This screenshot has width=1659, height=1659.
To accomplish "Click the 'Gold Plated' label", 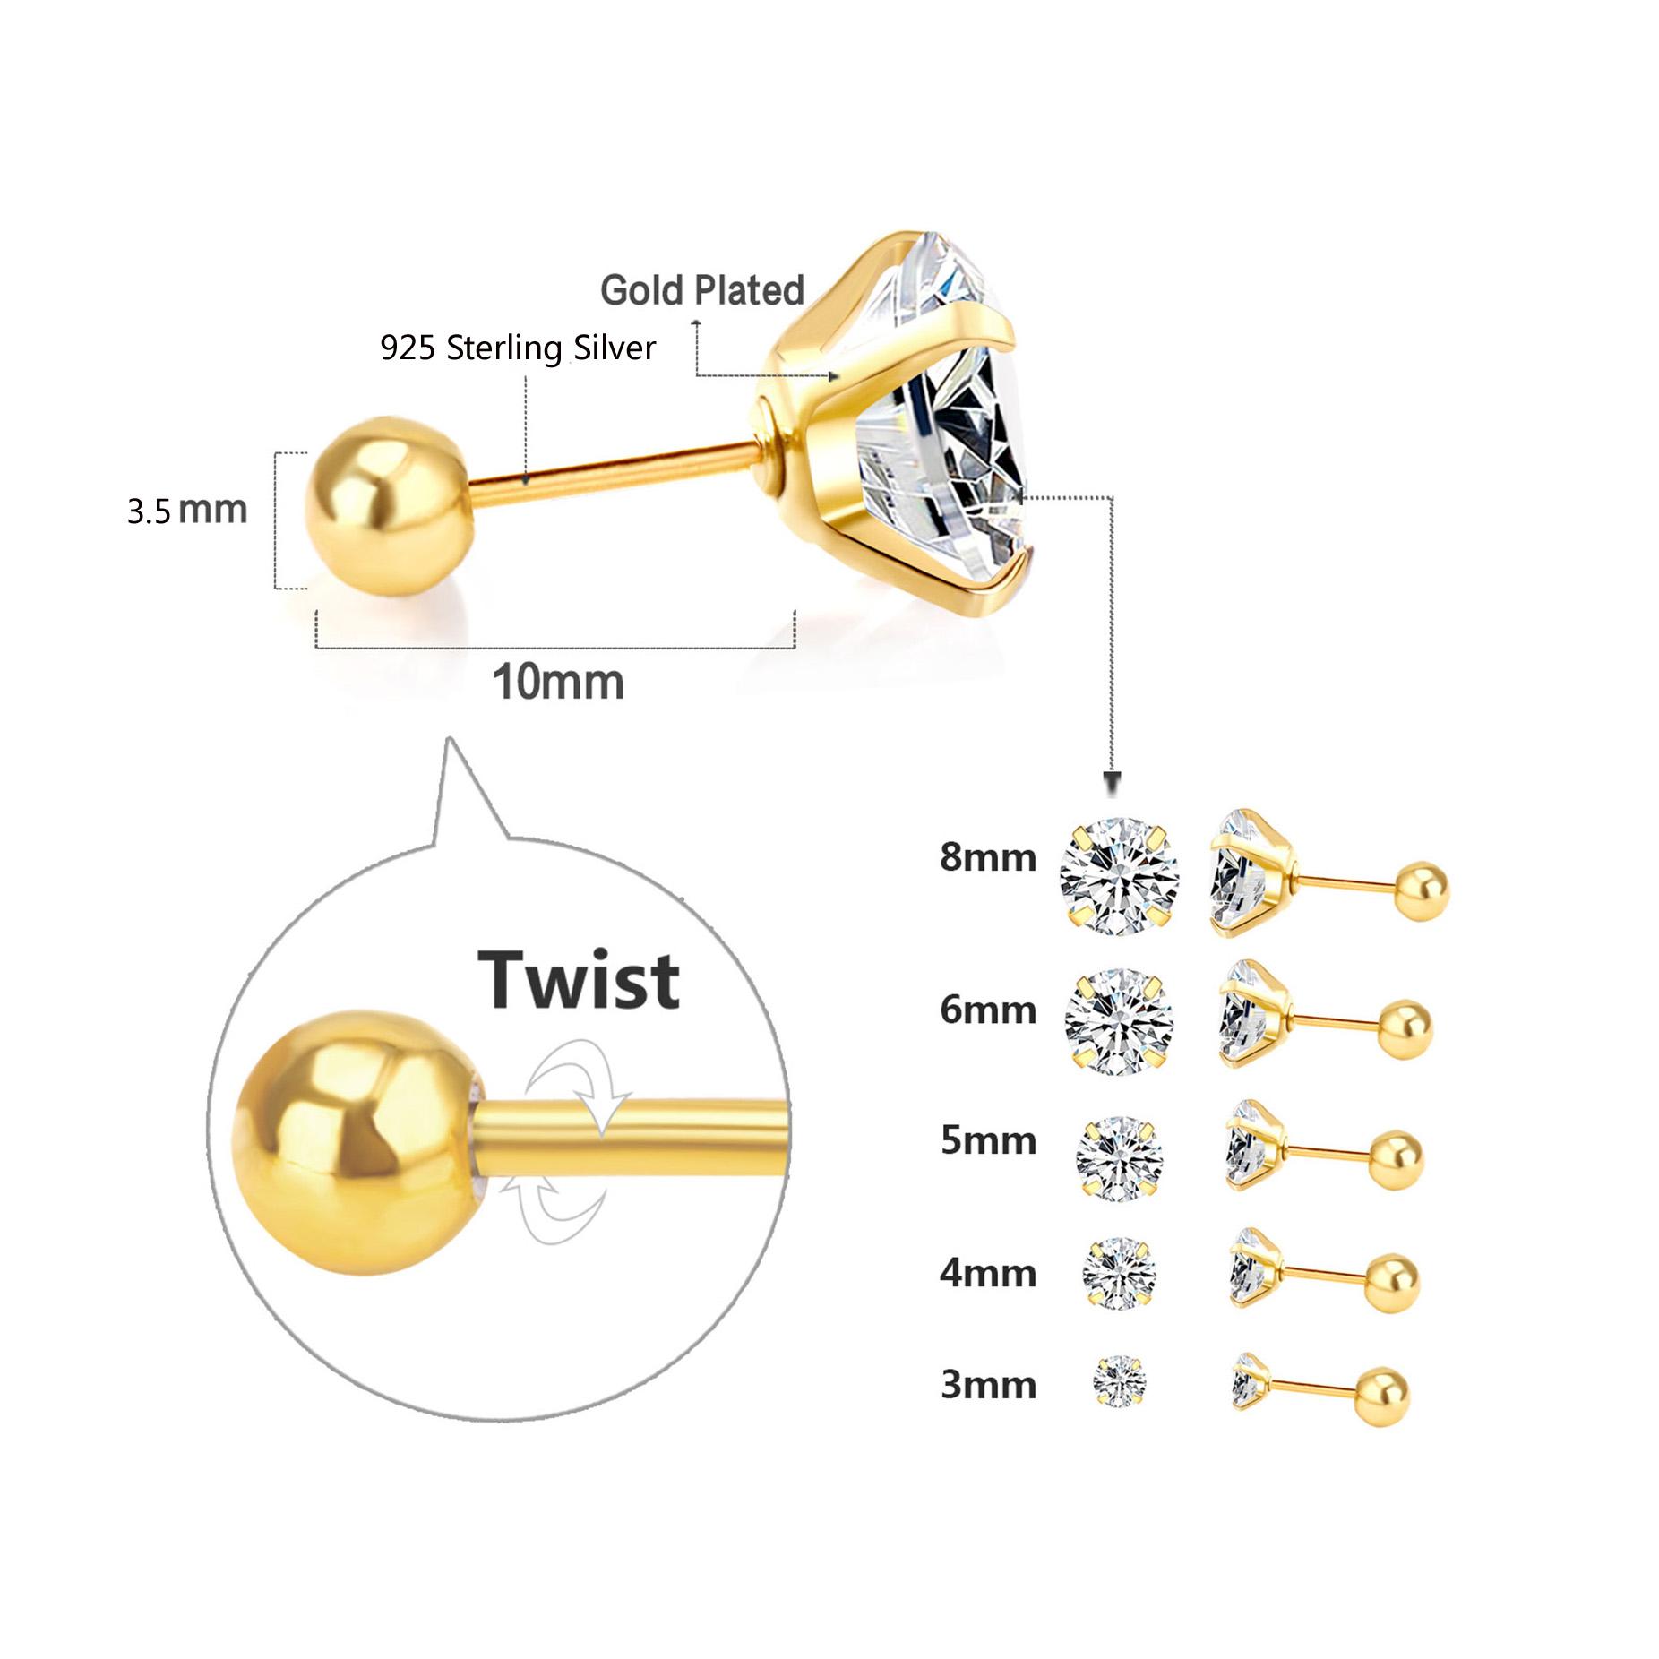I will pyautogui.click(x=701, y=290).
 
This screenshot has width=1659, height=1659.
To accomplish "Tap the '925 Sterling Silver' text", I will pyautogui.click(x=517, y=348).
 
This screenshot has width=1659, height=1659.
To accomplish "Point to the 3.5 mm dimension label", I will pyautogui.click(x=186, y=510).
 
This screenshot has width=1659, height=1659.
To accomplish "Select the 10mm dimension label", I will pyautogui.click(x=557, y=683).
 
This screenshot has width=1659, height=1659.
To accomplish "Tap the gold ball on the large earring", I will pyautogui.click(x=386, y=506).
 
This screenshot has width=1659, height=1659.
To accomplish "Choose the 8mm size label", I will pyautogui.click(x=987, y=857).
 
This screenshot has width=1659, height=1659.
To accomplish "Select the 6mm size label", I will pyautogui.click(x=987, y=1010).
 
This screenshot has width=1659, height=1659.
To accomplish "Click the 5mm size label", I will pyautogui.click(x=987, y=1141).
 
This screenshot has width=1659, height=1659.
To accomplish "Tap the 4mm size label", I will pyautogui.click(x=987, y=1273).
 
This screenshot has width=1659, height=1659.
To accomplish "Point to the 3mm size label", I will pyautogui.click(x=987, y=1385).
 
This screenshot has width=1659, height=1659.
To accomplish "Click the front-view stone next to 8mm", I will pyautogui.click(x=1119, y=875).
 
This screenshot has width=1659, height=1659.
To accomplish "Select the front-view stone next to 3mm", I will pyautogui.click(x=1119, y=1381).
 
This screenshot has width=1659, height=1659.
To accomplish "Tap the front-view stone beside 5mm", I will pyautogui.click(x=1119, y=1158).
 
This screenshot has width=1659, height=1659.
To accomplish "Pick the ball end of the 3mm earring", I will pyautogui.click(x=1380, y=1394).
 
